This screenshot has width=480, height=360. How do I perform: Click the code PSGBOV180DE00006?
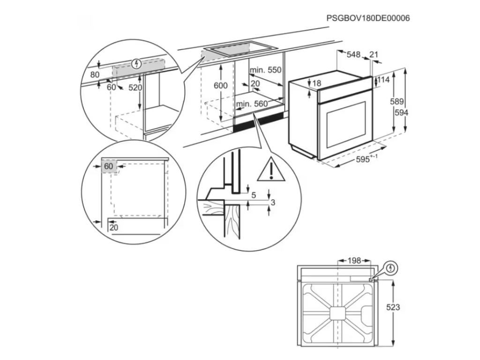368,18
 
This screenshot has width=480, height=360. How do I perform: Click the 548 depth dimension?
353,55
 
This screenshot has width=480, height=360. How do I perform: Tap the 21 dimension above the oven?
374,55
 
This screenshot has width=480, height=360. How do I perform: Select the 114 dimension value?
383,80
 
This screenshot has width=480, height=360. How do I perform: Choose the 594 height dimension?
401,112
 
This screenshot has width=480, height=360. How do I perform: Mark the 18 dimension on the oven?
316,83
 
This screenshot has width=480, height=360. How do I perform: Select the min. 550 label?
265,70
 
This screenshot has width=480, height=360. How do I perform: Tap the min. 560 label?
251,104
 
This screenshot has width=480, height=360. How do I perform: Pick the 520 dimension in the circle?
135,88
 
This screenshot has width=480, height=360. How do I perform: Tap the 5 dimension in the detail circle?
253,195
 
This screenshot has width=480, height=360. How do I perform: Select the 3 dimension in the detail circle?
272,202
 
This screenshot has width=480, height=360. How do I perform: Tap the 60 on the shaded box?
109,166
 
